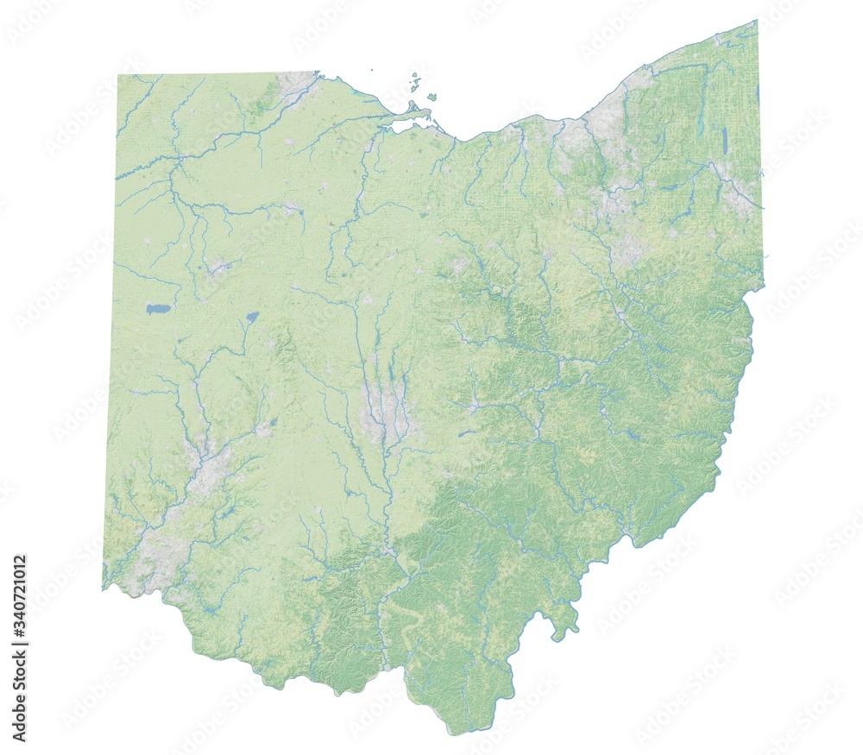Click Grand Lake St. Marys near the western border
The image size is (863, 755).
[158, 308]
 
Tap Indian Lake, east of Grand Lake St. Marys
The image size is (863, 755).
[251, 317]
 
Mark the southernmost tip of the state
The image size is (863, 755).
[450, 733]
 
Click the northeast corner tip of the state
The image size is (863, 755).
[756, 22]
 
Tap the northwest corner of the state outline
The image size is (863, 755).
[118, 76]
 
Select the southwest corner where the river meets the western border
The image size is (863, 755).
[104, 588]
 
